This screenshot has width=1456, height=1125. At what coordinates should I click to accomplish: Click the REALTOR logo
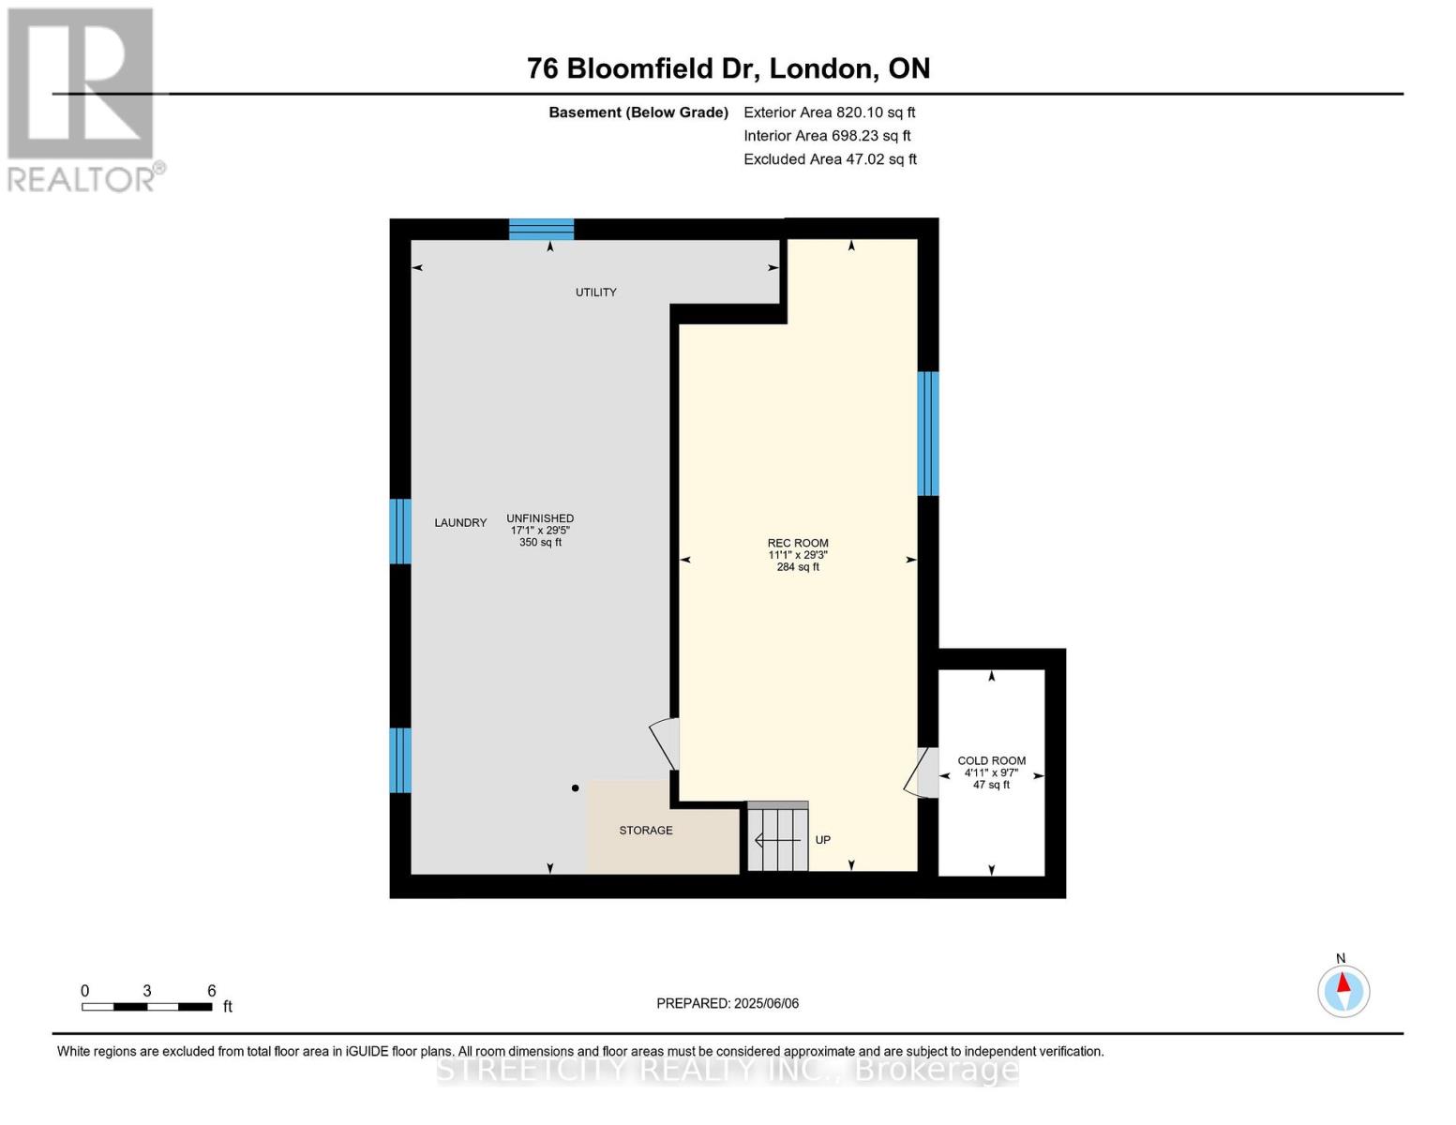[83, 98]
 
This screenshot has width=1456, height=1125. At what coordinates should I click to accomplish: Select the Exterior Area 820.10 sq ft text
[829, 112]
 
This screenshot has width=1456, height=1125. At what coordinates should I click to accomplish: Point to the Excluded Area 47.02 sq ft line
[830, 159]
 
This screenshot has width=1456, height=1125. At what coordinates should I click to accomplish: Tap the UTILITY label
[595, 292]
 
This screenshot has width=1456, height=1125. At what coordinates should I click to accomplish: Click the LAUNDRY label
[460, 523]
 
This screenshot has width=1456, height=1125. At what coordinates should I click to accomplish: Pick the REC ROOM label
[798, 543]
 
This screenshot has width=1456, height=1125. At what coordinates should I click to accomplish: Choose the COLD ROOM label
[991, 761]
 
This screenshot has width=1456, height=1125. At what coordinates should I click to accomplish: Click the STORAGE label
[645, 831]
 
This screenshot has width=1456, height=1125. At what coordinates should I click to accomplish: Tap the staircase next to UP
[777, 838]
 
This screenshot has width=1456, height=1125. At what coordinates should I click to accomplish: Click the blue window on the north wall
[541, 230]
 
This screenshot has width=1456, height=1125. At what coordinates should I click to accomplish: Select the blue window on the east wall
[927, 433]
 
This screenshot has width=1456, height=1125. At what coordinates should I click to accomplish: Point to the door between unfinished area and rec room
[667, 743]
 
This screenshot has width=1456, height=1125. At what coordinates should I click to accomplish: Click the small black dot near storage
[576, 788]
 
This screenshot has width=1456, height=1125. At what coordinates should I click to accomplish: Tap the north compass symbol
[1343, 990]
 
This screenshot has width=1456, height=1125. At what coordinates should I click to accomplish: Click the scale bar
[146, 1007]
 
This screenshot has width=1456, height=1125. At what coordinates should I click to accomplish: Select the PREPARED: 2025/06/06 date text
[728, 1003]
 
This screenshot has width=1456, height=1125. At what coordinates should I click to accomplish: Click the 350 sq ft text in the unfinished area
[540, 543]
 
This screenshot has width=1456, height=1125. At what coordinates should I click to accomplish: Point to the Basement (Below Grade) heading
[638, 112]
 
